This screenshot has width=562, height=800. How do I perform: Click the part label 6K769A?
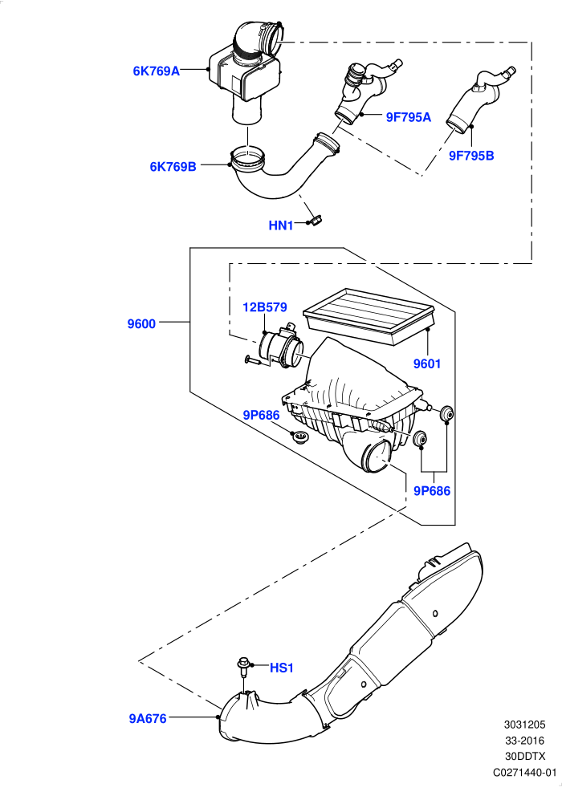click(x=157, y=71)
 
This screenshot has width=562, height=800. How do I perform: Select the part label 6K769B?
click(x=173, y=167)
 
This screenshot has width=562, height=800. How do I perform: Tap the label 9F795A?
click(x=409, y=117)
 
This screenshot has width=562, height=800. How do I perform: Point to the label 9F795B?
click(x=471, y=156)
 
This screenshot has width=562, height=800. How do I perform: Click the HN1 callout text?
click(x=281, y=225)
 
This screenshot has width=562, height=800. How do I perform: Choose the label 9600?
click(x=141, y=324)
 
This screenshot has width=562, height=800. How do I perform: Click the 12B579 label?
click(x=264, y=307)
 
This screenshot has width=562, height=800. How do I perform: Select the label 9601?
click(x=427, y=363)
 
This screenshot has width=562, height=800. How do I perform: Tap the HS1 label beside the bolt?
click(x=282, y=668)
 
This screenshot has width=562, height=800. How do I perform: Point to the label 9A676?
click(x=148, y=719)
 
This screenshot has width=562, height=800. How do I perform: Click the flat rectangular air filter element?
click(x=369, y=315)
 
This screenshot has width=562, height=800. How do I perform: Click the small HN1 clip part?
click(x=315, y=221)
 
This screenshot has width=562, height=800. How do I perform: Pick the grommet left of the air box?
click(x=299, y=437)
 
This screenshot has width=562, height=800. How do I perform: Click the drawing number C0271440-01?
click(x=525, y=773)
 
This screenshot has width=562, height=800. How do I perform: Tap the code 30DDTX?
click(x=525, y=757)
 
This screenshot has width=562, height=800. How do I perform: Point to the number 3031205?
click(x=525, y=725)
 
